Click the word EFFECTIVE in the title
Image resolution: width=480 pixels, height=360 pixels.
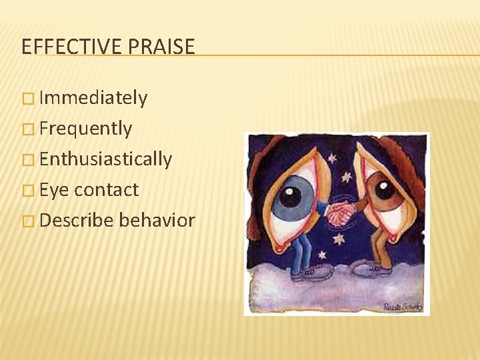click(70, 47)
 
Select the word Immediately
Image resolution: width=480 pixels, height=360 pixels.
click(93, 98)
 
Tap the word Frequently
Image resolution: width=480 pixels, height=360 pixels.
click(85, 128)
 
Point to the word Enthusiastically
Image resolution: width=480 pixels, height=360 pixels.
click(105, 159)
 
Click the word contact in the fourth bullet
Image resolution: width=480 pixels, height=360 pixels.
click(107, 189)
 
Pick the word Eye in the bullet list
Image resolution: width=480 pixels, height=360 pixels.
click(55, 189)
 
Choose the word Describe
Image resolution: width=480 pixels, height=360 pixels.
click(76, 220)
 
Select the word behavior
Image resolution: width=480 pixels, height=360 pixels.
click(157, 220)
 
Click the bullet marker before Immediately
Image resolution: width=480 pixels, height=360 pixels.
click(27, 99)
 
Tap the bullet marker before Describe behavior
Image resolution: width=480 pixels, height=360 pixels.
click(27, 221)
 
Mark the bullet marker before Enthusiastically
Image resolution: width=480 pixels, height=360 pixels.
click(27, 159)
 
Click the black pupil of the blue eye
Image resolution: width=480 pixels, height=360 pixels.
click(290, 196)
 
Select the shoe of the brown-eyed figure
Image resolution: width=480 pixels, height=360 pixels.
click(368, 268)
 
